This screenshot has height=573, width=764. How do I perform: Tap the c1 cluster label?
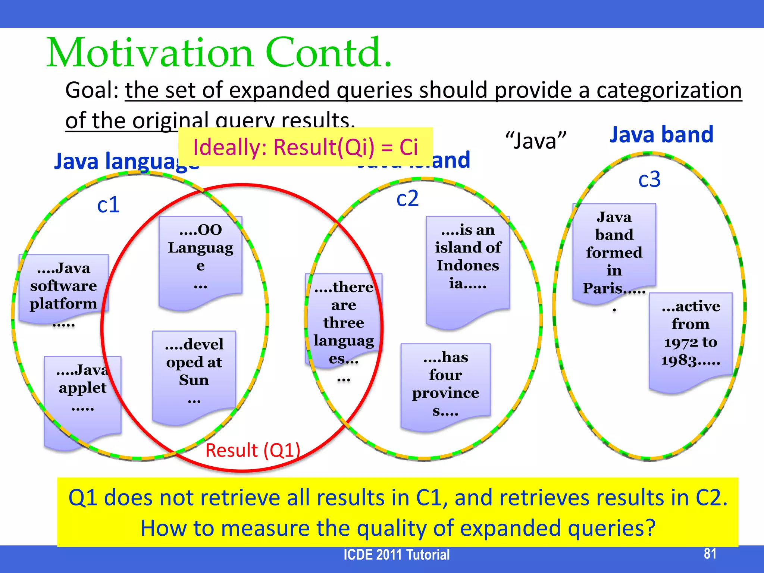coord(108,205)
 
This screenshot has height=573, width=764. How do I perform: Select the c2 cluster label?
coord(407,198)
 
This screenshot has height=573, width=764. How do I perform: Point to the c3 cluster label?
coord(649,179)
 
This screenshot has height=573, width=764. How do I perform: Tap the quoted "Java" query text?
coord(536,141)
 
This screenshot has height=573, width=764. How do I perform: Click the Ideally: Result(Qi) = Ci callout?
coord(306,147)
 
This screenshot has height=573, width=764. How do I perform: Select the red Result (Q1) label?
coord(253,450)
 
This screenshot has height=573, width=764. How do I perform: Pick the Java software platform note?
coord(63,287)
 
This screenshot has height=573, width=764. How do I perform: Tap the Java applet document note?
coord(82,392)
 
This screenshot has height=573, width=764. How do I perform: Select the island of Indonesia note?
coord(468,261)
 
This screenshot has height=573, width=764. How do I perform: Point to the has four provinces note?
coord(445,384)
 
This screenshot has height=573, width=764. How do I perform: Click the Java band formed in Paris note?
coord(614,254)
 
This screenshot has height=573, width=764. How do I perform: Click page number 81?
coord(710,553)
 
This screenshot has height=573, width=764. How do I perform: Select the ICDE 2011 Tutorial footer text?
coord(397,555)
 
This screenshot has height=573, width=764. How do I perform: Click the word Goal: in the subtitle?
coord(92,90)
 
